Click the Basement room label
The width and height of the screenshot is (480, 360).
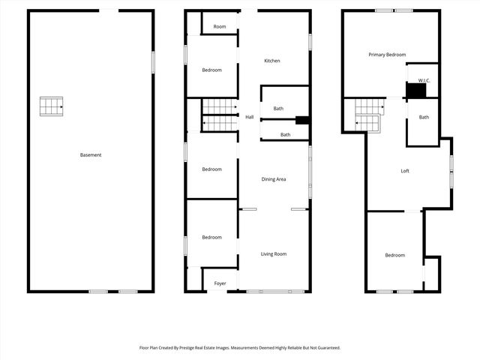[91, 155]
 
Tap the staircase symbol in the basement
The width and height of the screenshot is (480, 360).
[52, 106]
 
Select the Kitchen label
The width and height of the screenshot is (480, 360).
[271, 61]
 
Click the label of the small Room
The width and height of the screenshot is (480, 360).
[219, 27]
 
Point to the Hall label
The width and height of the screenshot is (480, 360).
[250, 117]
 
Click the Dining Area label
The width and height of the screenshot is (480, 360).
[274, 179]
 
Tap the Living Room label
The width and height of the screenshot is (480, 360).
[274, 254]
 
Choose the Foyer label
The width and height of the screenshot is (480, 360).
[220, 283]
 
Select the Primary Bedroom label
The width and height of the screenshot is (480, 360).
[387, 55]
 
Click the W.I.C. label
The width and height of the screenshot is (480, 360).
[423, 79]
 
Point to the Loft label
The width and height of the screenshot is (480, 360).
[405, 171]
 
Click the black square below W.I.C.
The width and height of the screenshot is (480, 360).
[415, 91]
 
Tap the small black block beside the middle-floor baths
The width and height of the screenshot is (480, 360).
[302, 120]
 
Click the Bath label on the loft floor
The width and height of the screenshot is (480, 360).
[424, 117]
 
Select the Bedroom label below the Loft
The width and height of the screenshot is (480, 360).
[395, 255]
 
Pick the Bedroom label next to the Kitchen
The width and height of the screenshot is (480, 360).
[211, 70]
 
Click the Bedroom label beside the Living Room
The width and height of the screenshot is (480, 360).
[211, 238]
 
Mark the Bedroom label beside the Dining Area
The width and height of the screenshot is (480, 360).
[211, 169]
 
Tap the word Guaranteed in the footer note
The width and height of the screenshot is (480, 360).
[326, 348]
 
